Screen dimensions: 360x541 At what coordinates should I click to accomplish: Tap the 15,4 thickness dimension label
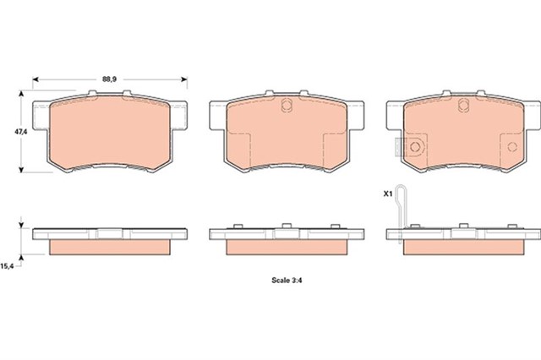(x=7, y=266)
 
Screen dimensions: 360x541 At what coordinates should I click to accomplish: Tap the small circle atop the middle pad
(x=286, y=106)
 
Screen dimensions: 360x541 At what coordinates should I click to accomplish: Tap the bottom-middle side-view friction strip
(x=286, y=248)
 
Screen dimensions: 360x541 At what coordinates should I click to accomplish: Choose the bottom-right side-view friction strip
(x=462, y=248)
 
